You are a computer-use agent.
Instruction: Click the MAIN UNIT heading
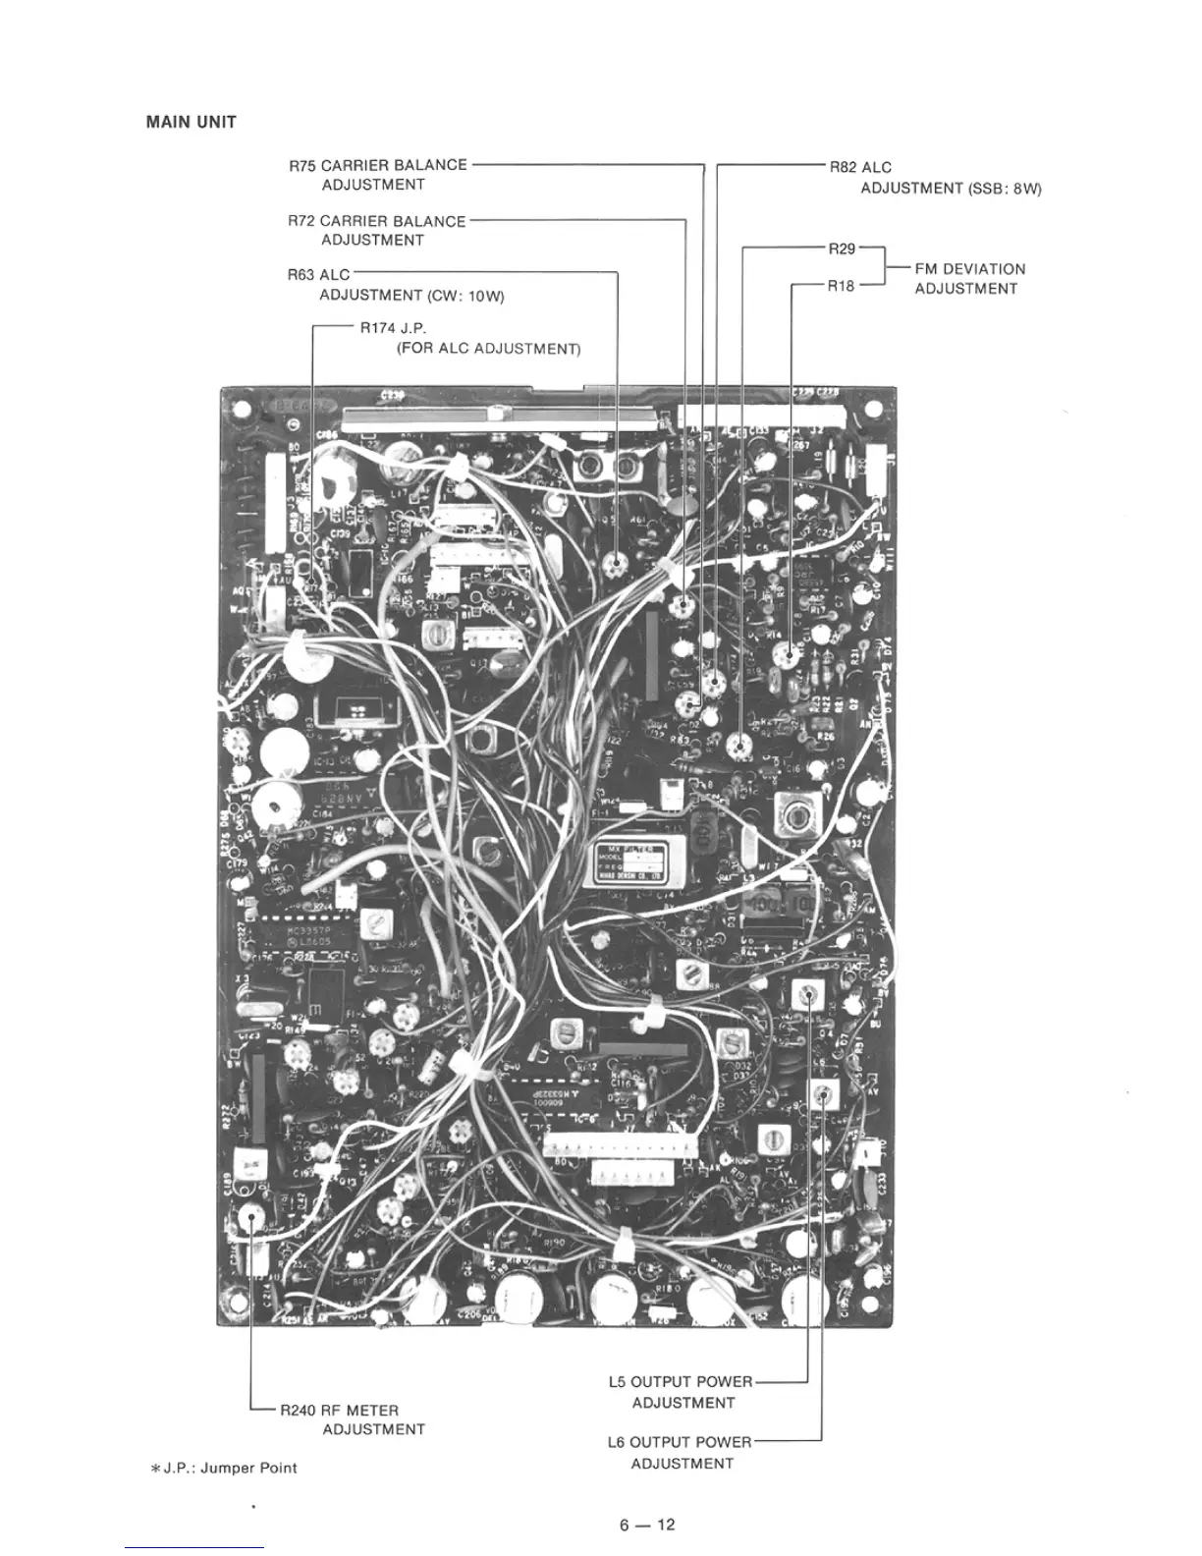191,123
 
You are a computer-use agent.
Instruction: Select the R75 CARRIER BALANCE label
378,165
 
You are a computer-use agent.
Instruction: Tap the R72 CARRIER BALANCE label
377,221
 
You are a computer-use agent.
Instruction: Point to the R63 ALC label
318,275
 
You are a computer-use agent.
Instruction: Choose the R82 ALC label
860,168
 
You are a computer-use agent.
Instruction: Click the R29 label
842,250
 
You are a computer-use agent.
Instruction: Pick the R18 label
841,287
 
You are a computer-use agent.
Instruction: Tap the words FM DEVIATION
969,269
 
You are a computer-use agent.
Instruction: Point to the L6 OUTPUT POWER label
679,1442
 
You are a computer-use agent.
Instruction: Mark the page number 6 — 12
647,1526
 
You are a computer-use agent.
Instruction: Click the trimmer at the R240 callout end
251,1217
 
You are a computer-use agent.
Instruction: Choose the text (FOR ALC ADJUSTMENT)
488,349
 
